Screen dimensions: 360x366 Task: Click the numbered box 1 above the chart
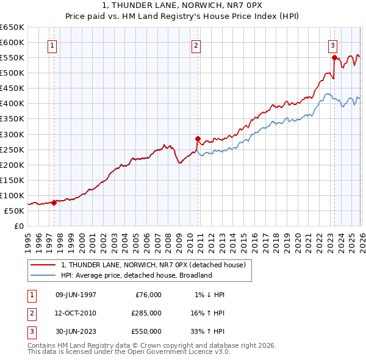point(52,45)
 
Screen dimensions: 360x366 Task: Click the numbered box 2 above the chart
point(196,45)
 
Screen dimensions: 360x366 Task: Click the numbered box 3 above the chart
point(332,45)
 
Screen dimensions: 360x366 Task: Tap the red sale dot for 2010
point(198,139)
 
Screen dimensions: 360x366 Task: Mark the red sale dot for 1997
point(54,203)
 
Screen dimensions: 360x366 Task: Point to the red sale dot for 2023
point(334,57)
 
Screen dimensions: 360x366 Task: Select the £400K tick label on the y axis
point(12,104)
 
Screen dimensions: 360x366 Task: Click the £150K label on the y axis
point(12,180)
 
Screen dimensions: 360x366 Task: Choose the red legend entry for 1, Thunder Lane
point(152,265)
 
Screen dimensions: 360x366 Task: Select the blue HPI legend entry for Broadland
point(135,275)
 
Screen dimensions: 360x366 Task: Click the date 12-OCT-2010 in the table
point(75,313)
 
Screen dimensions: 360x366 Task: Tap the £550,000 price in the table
point(146,331)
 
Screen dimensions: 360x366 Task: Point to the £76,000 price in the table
point(148,295)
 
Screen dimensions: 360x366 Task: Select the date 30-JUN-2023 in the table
point(75,331)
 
